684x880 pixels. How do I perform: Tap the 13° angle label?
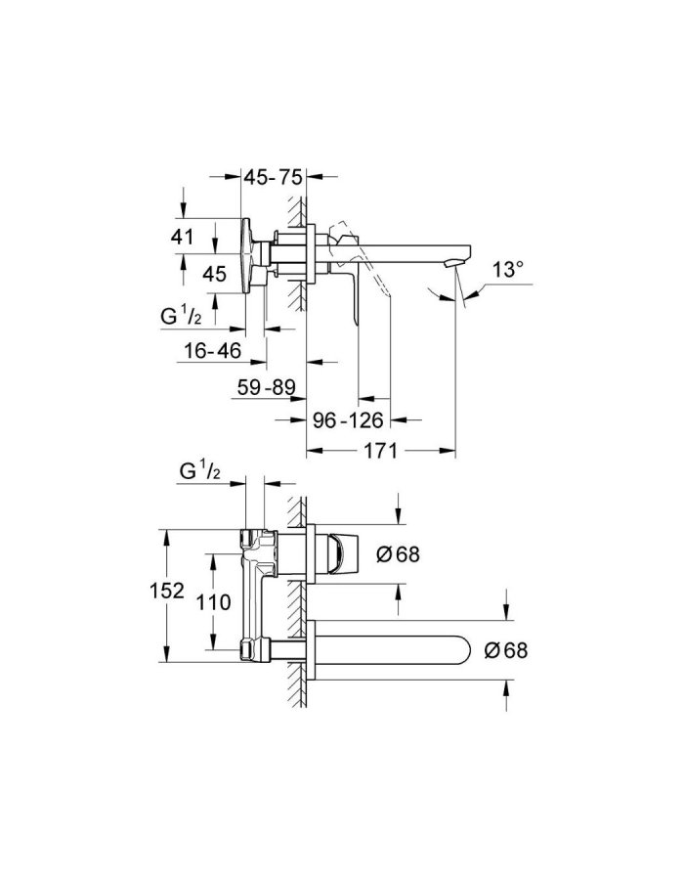point(508,269)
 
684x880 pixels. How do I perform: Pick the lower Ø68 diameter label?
point(506,649)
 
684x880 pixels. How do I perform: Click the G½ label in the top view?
point(182,316)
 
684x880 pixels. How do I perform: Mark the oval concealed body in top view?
point(250,256)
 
